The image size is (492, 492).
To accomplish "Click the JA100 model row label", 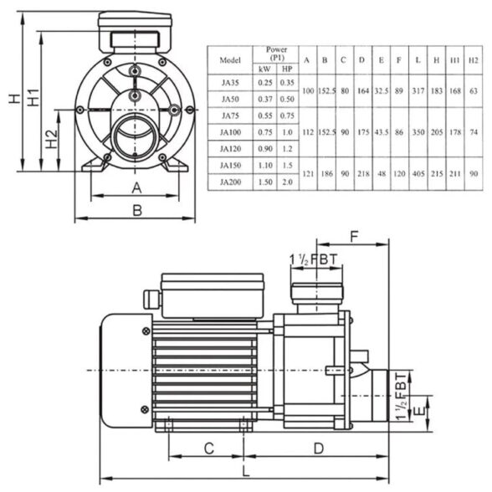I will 229,131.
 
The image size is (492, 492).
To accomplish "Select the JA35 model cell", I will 229,83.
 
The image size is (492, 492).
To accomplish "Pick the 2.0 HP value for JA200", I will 287,182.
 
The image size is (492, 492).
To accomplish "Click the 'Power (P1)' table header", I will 276,54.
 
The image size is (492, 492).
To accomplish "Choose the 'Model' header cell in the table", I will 229,60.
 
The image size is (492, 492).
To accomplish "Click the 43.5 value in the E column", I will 381,131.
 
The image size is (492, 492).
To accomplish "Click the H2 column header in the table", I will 474,60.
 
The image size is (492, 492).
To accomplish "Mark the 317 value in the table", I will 416,90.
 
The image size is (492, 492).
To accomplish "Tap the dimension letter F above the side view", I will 354,238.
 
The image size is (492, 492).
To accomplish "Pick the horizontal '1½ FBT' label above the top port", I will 314,259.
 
